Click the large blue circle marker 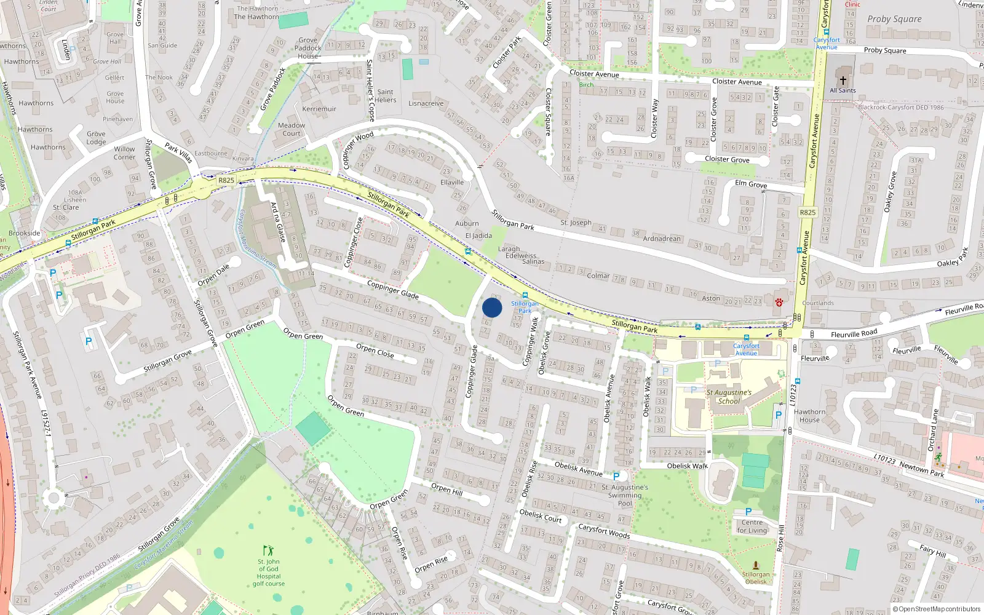click(x=492, y=307)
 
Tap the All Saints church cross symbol click(x=843, y=80)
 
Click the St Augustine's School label click(x=729, y=397)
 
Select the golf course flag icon click(x=268, y=550)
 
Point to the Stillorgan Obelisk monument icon click(x=756, y=565)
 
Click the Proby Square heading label click(x=894, y=19)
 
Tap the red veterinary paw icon click(x=779, y=302)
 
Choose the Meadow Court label click(x=292, y=129)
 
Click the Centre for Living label click(x=752, y=526)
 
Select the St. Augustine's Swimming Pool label click(x=624, y=495)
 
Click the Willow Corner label click(x=124, y=153)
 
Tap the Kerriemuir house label click(x=319, y=109)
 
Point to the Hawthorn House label click(x=809, y=416)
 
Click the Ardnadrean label click(x=662, y=239)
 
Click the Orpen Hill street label click(x=446, y=489)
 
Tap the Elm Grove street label click(x=751, y=184)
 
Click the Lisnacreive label click(x=426, y=103)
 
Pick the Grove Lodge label click(x=96, y=138)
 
